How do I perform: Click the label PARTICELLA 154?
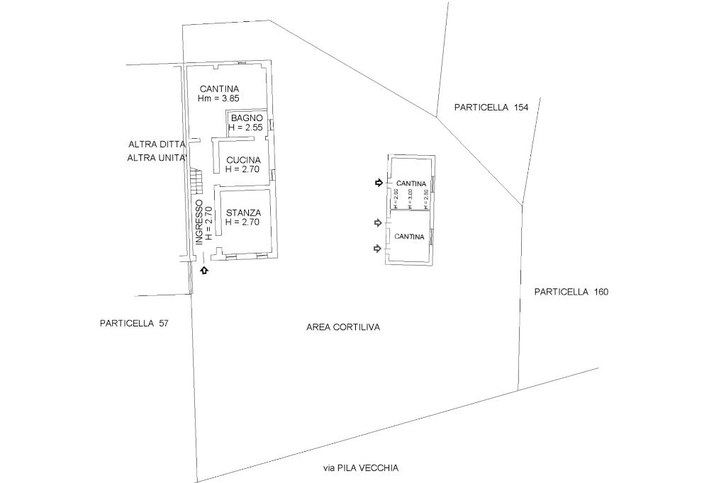(491, 108)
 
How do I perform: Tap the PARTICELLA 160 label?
(571, 292)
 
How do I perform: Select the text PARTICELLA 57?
(135, 323)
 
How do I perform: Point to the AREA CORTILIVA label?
(343, 327)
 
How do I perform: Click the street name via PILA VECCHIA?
(361, 467)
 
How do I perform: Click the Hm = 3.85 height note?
(218, 98)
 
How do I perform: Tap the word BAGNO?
(247, 118)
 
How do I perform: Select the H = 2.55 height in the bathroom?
(246, 127)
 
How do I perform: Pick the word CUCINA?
(243, 160)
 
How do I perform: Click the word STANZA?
(243, 212)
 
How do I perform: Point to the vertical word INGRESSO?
(200, 222)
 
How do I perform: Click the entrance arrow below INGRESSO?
(204, 270)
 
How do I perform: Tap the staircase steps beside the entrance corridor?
(196, 182)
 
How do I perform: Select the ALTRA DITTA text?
(157, 144)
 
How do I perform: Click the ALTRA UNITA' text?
(157, 158)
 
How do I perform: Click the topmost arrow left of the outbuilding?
(379, 183)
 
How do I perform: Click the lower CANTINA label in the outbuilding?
(409, 237)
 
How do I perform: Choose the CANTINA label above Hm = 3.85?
(219, 89)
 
